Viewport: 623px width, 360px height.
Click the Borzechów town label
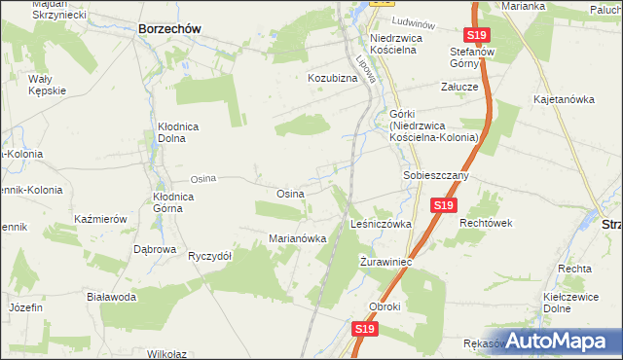click(x=169, y=29)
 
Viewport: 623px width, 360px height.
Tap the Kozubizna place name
click(x=333, y=77)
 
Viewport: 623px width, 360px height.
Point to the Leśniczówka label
click(x=381, y=224)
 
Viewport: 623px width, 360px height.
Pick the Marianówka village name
click(x=297, y=238)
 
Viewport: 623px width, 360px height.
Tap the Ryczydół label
click(x=209, y=256)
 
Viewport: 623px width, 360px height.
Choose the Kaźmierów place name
click(x=101, y=220)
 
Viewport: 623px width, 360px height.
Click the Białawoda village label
click(x=110, y=297)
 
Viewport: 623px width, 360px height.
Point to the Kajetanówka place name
click(x=564, y=99)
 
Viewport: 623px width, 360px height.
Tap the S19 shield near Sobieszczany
click(x=443, y=205)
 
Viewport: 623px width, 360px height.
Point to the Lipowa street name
click(x=366, y=72)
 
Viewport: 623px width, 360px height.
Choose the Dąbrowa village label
click(x=155, y=249)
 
